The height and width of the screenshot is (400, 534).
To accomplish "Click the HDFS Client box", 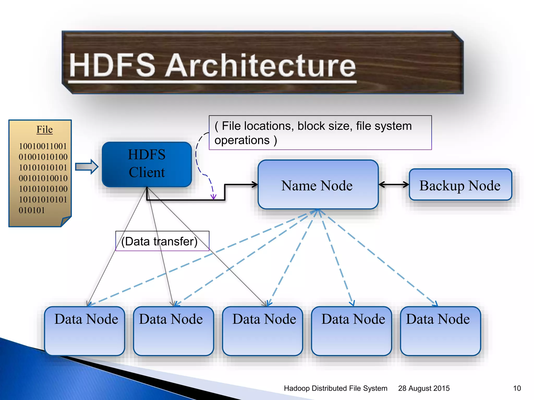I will pos(147,164).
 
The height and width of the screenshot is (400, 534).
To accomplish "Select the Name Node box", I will pos(318,185).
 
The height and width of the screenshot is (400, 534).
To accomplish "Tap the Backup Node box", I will pos(460,185).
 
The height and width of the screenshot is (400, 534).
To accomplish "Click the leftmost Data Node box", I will pos(85,331).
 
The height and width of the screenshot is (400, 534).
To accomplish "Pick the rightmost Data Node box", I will pos(440,331).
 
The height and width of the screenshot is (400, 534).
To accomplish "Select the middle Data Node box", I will pos(263,331).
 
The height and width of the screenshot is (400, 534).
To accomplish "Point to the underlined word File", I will pos(45,129).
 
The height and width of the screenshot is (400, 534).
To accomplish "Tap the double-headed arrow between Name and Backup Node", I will pos(394,185).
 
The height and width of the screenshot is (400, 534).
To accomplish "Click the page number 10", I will pos(517,388).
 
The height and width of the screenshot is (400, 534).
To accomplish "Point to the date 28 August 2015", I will pos(424,388).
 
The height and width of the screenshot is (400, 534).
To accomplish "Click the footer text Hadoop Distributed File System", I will pos(336,388).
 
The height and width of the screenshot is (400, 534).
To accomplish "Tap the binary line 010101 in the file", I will pos(32,210).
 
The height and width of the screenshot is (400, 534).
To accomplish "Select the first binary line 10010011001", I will pos(43,146).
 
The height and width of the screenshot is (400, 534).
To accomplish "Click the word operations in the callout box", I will pos(242,140).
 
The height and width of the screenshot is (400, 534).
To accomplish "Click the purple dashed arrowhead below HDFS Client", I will pos(214,197).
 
